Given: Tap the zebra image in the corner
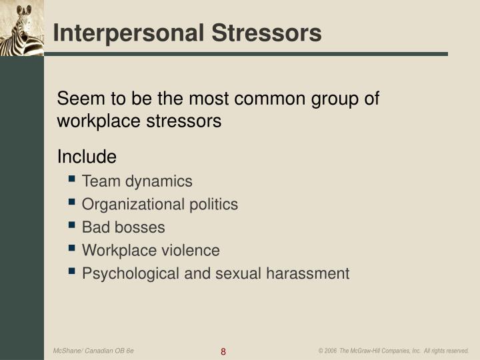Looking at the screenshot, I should pos(21,28).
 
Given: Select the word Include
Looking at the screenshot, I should pos(87,157).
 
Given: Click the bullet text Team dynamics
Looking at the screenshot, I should pos(137,181).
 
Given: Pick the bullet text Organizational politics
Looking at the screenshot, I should pos(159,205).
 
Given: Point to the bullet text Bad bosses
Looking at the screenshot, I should pos(123,227).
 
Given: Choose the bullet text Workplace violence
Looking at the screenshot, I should pos(151,251).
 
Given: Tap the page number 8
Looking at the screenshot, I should pos(223,351).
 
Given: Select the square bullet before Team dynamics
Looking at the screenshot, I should pos(72,180).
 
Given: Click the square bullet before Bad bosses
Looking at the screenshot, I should pos(72,227).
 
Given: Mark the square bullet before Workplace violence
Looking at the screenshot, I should pos(72,250).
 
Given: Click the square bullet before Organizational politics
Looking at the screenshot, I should pos(72,203).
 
